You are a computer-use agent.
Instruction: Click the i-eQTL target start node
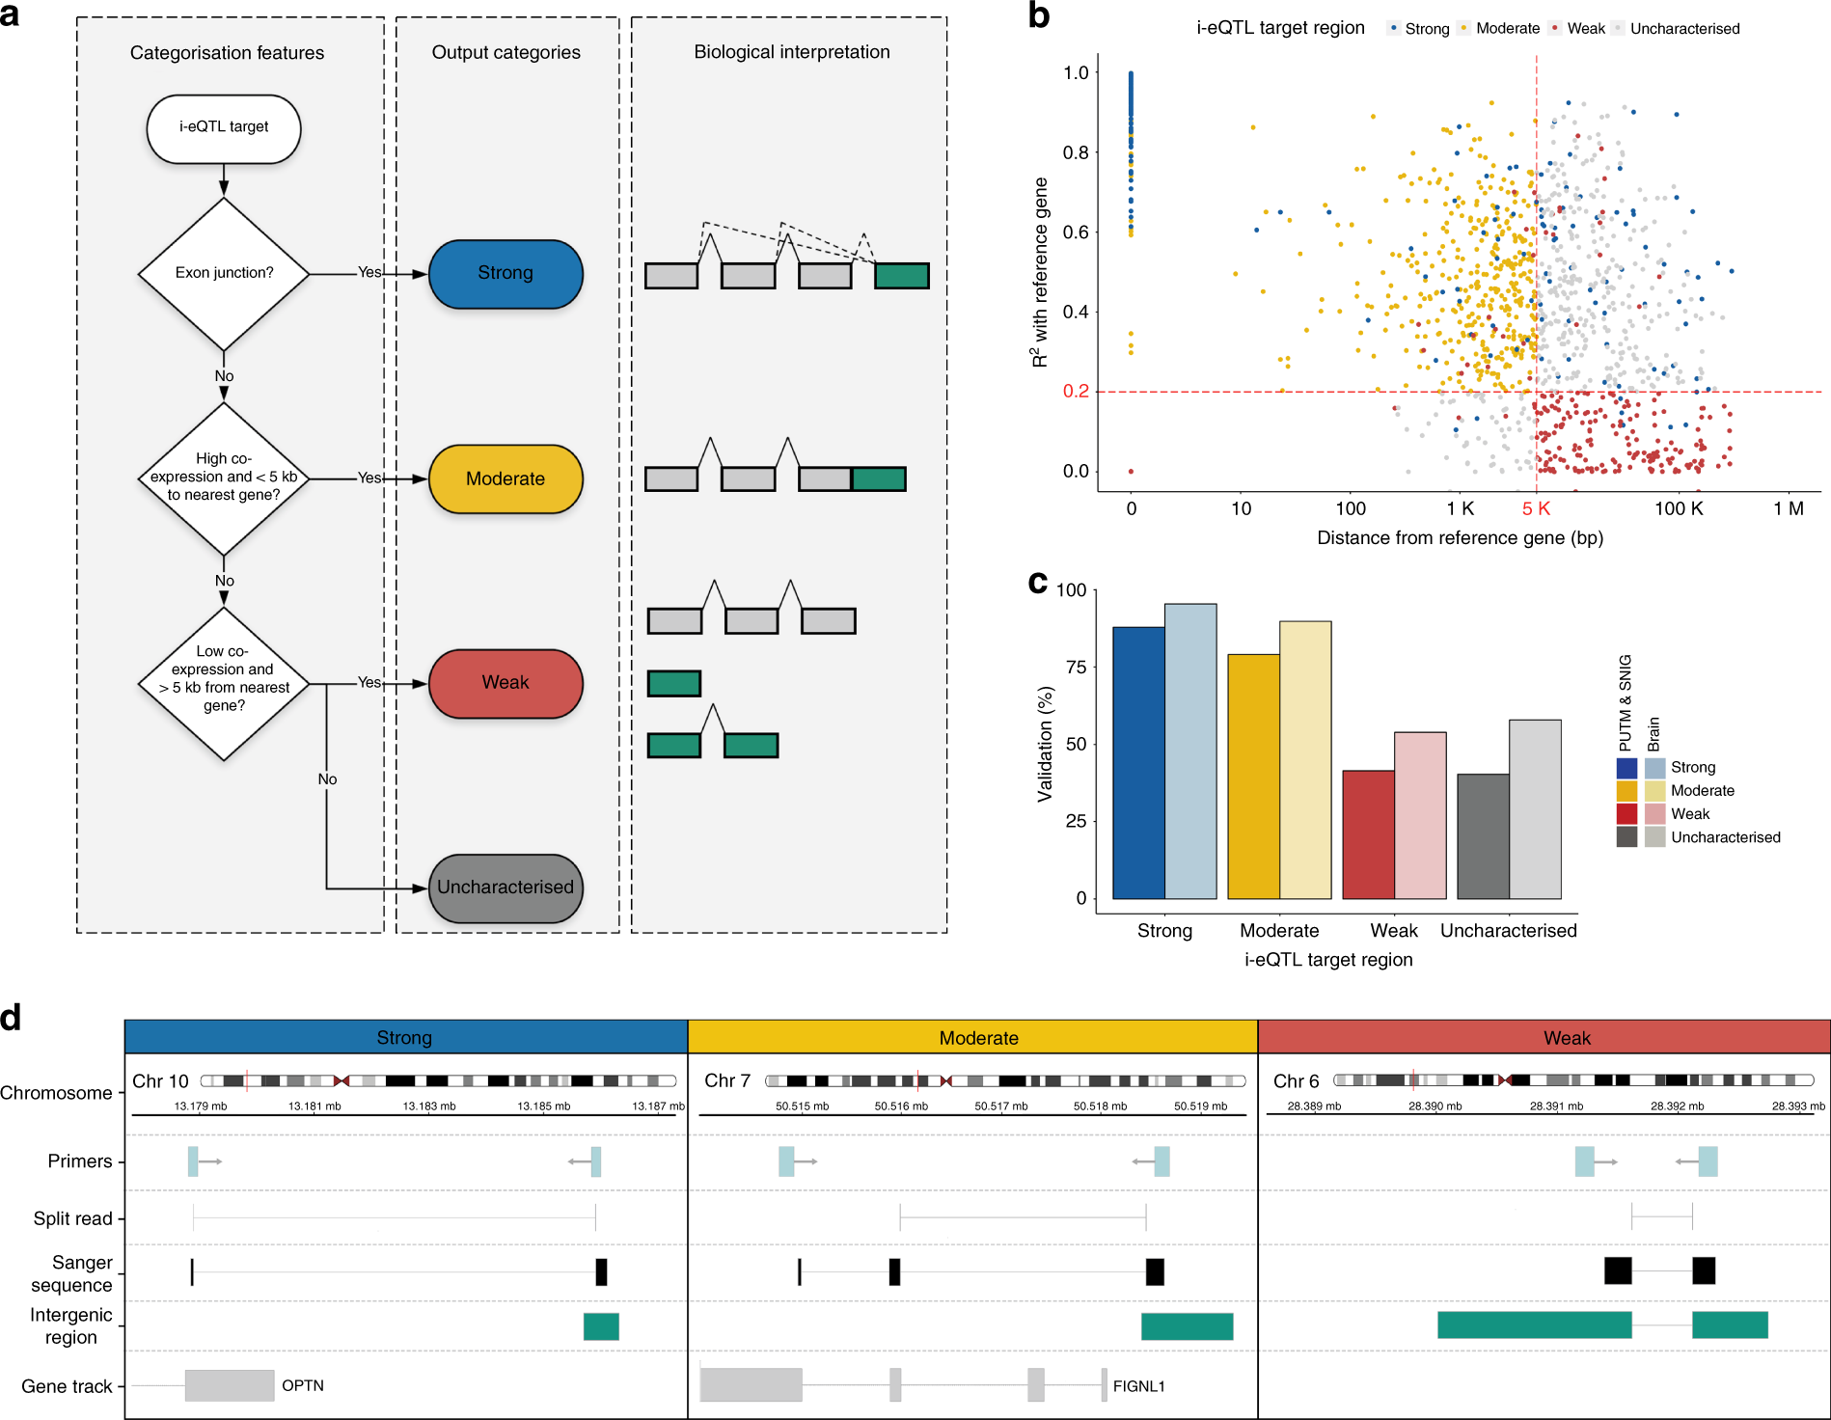pyautogui.click(x=223, y=128)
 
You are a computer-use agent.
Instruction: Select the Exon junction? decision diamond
pyautogui.click(x=224, y=273)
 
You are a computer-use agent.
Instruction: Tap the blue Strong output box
pyautogui.click(x=506, y=274)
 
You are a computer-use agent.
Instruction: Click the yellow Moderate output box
pyautogui.click(x=506, y=478)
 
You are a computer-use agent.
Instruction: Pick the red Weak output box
pyautogui.click(x=506, y=683)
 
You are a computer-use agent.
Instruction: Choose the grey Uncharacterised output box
pyautogui.click(x=506, y=887)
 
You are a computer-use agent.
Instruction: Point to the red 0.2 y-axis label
pyautogui.click(x=1075, y=391)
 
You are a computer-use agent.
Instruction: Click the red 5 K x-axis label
pyautogui.click(x=1535, y=508)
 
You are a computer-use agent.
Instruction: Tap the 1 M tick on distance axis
pyautogui.click(x=1788, y=508)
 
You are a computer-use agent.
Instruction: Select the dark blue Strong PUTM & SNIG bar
pyautogui.click(x=1138, y=762)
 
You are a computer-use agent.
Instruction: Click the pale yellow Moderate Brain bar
pyautogui.click(x=1305, y=759)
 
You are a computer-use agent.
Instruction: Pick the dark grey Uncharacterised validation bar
pyautogui.click(x=1483, y=835)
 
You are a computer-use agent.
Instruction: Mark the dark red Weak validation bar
pyautogui.click(x=1368, y=833)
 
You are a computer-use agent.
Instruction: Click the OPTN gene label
pyautogui.click(x=303, y=1385)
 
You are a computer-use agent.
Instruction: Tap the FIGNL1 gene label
pyautogui.click(x=1138, y=1386)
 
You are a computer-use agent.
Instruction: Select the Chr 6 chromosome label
pyautogui.click(x=1296, y=1081)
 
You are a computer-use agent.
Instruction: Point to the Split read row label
pyautogui.click(x=72, y=1218)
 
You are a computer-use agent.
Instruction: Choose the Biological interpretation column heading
pyautogui.click(x=792, y=52)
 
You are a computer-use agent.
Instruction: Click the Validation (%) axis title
pyautogui.click(x=1045, y=744)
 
